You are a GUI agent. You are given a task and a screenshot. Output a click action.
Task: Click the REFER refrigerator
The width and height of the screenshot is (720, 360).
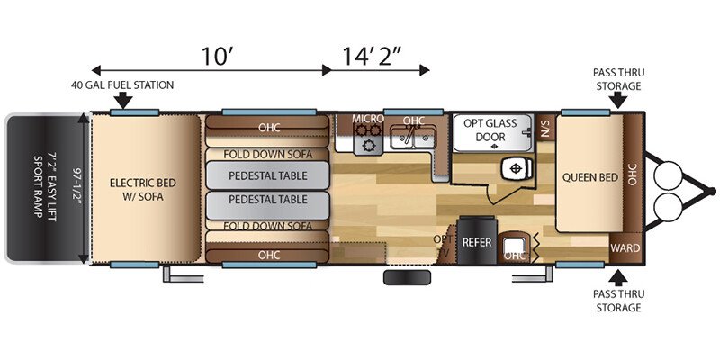coord(477,240)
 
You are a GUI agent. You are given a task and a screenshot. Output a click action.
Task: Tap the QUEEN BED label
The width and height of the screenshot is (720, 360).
coord(590,177)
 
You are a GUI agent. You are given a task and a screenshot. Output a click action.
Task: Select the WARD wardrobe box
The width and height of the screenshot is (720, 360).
coord(625,248)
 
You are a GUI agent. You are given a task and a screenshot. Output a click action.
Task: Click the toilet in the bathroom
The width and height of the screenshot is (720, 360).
coord(519,169)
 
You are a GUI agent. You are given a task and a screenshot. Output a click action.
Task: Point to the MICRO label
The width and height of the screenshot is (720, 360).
coord(368,119)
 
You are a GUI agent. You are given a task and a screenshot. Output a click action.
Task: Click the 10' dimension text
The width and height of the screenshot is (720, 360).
coord(218,56)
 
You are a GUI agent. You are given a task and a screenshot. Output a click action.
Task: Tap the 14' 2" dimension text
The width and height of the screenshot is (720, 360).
coord(372,56)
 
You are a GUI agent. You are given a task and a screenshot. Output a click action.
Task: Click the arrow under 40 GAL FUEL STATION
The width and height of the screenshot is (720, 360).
coord(123,100)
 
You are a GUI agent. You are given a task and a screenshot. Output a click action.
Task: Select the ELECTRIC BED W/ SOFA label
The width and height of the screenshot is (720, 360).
coord(143,190)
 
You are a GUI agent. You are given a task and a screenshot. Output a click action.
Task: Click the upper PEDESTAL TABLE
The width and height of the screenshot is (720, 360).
coord(267,175)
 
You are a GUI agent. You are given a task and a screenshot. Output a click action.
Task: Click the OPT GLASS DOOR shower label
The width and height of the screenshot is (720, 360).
coord(490,130)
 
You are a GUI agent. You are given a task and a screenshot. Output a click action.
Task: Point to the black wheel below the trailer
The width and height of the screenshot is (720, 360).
coord(407,277)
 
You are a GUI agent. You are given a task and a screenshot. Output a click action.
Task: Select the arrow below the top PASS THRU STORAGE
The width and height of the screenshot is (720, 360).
coord(618,100)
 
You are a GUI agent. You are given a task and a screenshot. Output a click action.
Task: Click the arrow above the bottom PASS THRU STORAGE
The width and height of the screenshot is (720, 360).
coord(618,278)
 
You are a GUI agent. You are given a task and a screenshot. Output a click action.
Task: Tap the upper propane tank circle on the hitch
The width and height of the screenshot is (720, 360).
coord(668,175)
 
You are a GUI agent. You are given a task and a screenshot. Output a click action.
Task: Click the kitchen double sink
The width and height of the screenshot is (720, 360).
coord(412,138)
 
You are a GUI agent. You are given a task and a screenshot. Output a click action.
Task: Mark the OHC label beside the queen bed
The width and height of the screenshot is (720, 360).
coord(634,177)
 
